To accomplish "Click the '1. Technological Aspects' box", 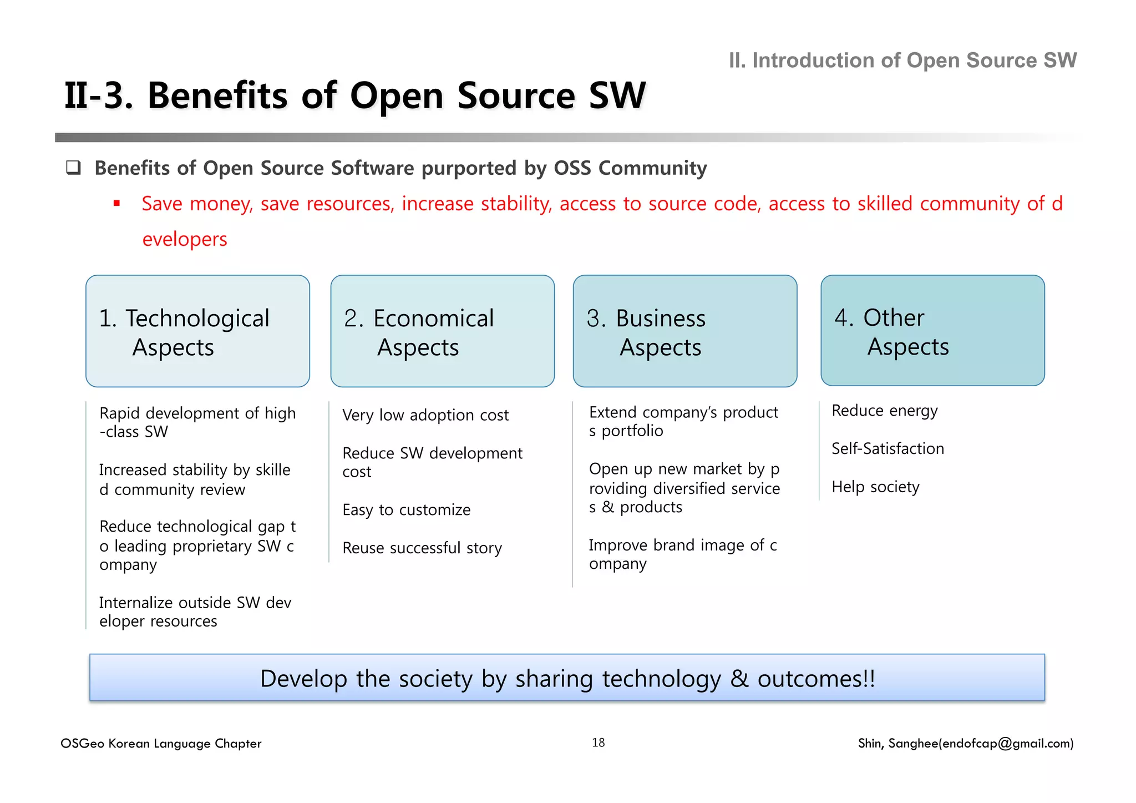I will coord(197,331).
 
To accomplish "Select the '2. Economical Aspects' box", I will coord(442,331).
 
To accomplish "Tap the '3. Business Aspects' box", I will coord(684,331).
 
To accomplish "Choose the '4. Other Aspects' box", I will coord(932,331).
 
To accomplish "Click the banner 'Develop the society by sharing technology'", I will coord(567,678).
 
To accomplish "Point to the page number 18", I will coord(598,743).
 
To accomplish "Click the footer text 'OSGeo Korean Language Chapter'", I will coord(161,744).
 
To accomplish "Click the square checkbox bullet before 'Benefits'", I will coord(73,168).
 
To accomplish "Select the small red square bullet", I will coord(116,204).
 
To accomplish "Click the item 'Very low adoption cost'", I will coord(425,415).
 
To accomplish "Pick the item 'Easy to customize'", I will coord(407,509).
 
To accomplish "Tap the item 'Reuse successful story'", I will coord(422,548).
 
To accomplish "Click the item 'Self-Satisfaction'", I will coord(887,448).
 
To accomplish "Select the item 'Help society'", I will coord(875,487).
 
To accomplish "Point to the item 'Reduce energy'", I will coord(885,411).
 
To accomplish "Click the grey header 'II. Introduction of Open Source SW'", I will coord(902,60).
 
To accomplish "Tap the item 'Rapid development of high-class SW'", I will coord(197,422).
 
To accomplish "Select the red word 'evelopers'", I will coord(185,239).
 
